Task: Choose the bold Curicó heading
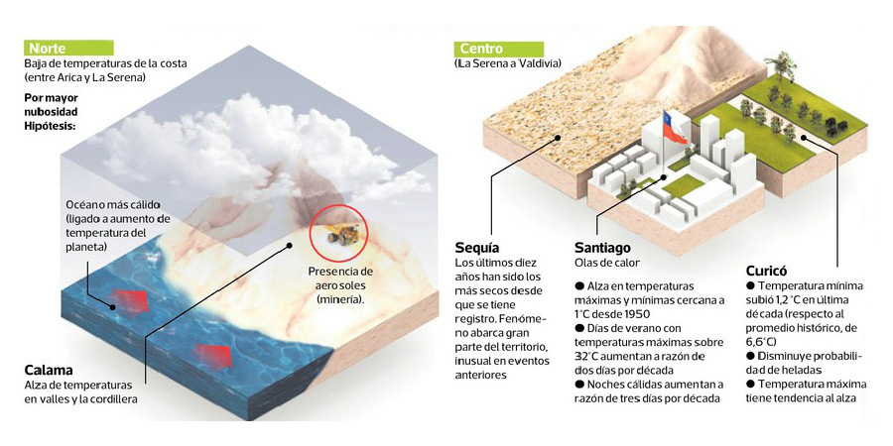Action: (767, 270)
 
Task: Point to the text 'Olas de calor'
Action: (607, 263)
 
